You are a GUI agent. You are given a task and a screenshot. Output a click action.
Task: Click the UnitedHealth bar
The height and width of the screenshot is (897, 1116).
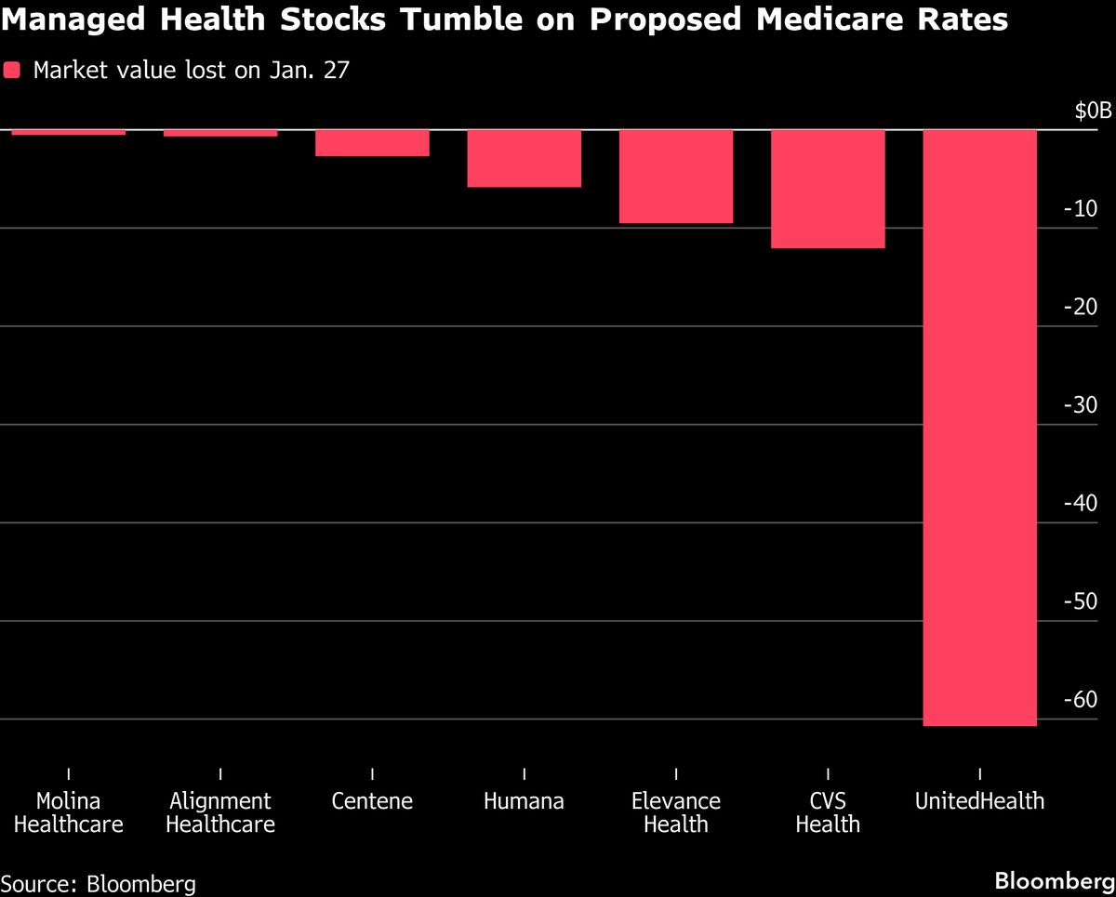pyautogui.click(x=979, y=428)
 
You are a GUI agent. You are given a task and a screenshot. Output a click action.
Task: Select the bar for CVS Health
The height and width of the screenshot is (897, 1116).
pyautogui.click(x=828, y=189)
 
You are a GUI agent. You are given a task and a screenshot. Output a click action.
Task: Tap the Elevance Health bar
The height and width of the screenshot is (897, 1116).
pyautogui.click(x=676, y=177)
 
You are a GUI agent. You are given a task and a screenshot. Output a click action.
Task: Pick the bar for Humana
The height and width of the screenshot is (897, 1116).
pyautogui.click(x=525, y=158)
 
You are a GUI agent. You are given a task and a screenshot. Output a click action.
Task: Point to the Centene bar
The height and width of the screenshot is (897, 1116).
pyautogui.click(x=372, y=142)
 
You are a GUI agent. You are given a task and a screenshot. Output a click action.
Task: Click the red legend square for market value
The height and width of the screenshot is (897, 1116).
pyautogui.click(x=12, y=71)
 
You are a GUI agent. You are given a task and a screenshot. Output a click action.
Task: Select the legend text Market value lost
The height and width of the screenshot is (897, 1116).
pyautogui.click(x=191, y=71)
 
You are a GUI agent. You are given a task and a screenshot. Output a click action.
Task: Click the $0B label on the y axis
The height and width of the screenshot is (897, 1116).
pyautogui.click(x=1092, y=112)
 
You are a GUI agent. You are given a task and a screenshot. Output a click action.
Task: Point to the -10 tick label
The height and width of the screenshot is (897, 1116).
pyautogui.click(x=1079, y=209)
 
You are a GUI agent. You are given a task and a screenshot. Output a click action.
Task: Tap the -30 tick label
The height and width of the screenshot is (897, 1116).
pyautogui.click(x=1079, y=405)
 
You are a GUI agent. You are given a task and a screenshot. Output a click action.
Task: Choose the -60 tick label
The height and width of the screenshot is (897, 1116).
pyautogui.click(x=1079, y=700)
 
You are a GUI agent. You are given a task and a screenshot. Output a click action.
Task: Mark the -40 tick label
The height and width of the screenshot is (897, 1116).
pyautogui.click(x=1079, y=504)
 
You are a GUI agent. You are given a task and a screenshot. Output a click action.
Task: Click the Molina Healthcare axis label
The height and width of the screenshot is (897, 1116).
pyautogui.click(x=68, y=812)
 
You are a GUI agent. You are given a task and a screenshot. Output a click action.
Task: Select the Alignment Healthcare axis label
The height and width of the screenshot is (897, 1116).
pyautogui.click(x=220, y=812)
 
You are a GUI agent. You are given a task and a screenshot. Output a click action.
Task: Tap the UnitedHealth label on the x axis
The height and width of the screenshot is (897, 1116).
pyautogui.click(x=979, y=801)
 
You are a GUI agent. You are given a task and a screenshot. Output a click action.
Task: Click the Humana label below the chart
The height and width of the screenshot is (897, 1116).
pyautogui.click(x=525, y=801)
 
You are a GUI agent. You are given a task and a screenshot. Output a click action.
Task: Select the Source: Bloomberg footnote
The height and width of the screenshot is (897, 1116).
pyautogui.click(x=99, y=882)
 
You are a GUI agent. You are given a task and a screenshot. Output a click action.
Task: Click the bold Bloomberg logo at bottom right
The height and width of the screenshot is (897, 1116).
pyautogui.click(x=1054, y=880)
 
